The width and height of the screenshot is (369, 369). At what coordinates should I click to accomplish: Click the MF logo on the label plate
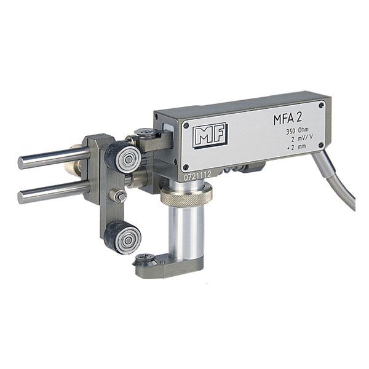(x=210, y=135)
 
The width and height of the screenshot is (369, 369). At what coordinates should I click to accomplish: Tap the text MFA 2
(x=288, y=119)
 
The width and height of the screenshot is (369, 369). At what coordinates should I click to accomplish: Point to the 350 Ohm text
(x=297, y=131)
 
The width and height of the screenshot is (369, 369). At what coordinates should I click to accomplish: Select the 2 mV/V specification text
(x=302, y=138)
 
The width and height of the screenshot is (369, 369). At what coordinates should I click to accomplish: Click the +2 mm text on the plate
(x=296, y=146)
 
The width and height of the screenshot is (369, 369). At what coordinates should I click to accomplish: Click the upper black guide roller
(x=123, y=156)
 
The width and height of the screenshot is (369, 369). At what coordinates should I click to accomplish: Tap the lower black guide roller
(x=123, y=237)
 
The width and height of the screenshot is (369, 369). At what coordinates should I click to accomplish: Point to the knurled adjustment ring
(x=186, y=194)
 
